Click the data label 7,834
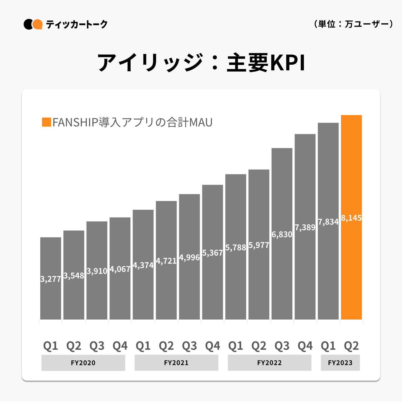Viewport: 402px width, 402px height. pos(328,222)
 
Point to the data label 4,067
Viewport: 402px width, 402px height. pos(120,269)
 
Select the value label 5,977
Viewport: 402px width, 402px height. pos(259,245)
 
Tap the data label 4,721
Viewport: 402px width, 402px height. pos(166,261)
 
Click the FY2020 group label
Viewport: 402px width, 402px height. pos(83,363)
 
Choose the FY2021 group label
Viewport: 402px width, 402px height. pos(176,363)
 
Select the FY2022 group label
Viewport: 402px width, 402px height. pos(269,363)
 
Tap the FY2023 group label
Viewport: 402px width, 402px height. pos(340,363)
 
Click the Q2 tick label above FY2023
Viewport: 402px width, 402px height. pos(351,346)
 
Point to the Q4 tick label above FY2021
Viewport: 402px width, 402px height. pos(213,346)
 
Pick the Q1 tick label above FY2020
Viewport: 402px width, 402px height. pos(51,346)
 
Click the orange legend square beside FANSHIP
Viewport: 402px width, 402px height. pos(46,122)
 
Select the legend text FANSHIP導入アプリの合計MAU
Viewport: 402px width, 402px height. pos(133,122)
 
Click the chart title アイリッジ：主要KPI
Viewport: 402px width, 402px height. pos(201,63)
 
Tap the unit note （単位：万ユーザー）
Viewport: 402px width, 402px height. pos(353,24)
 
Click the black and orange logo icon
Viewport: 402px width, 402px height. pos(33,24)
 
